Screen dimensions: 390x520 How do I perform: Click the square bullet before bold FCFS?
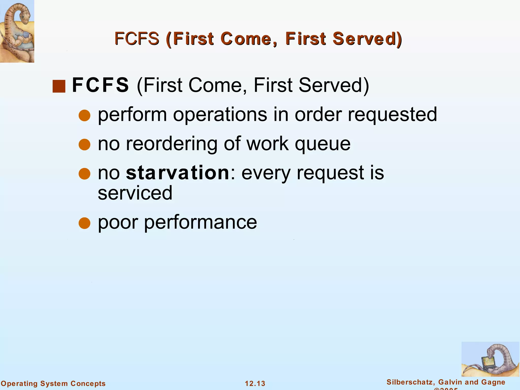coord(59,86)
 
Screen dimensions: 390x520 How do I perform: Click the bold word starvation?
coord(178,173)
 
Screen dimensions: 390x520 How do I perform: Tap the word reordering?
coord(172,144)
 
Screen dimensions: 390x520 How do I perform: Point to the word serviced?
coord(135,193)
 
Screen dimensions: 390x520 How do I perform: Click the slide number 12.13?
coord(255,383)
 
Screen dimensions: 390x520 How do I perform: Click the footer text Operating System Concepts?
coord(53,383)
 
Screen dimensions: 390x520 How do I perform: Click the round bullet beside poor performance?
coord(85,223)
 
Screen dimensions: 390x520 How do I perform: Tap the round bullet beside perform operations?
coord(85,116)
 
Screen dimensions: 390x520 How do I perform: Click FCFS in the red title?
coord(137,39)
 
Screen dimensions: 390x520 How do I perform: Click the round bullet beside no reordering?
coord(85,145)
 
